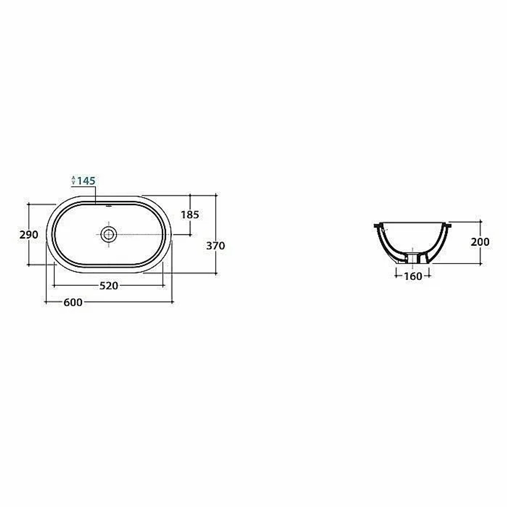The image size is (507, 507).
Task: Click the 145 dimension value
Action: coord(86,181)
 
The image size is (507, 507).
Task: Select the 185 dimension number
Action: coord(190,214)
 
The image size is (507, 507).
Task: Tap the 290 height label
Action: coord(29,235)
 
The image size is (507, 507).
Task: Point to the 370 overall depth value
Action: coord(215,246)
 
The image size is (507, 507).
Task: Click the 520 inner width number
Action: coord(108,286)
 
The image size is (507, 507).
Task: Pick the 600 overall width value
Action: coord(73,303)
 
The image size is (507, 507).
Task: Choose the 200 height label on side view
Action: coord(480,242)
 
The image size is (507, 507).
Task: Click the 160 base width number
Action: coord(413,276)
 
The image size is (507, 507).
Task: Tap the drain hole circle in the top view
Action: coord(108,234)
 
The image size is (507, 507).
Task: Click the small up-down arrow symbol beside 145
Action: coord(74,180)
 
